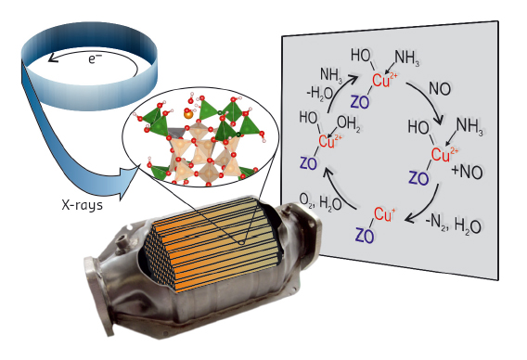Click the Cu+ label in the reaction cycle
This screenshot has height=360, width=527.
click(381, 215)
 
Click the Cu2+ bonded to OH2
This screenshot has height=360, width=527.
click(328, 141)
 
